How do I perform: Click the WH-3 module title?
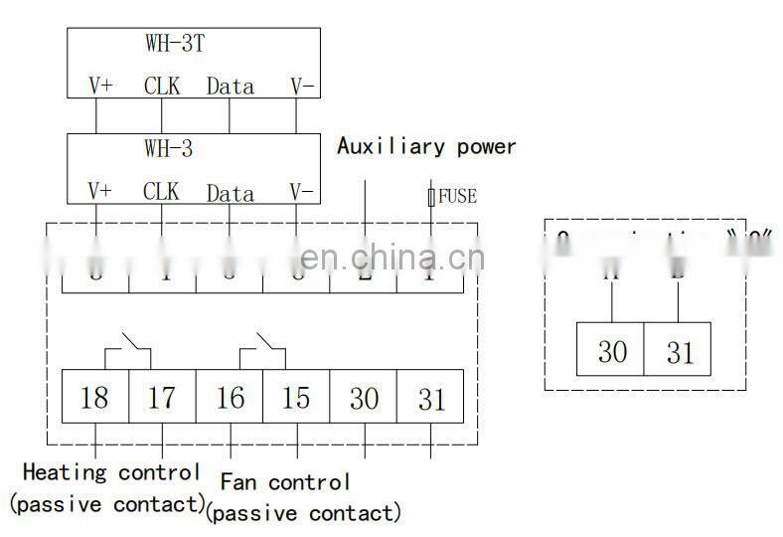168,150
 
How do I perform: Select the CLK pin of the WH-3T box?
162,86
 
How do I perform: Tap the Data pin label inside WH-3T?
230,87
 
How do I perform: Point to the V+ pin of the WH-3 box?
100,191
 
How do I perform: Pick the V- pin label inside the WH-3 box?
301,191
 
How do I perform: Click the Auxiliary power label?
426,147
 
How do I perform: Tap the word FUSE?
457,196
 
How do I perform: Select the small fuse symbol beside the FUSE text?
431,197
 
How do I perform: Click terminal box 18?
94,398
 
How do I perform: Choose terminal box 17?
162,398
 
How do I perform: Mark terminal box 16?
230,398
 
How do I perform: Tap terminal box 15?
296,398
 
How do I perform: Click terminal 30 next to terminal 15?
364,398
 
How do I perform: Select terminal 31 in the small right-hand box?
678,350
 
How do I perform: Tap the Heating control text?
110,472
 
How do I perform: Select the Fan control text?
285,483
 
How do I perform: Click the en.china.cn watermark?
391,260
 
